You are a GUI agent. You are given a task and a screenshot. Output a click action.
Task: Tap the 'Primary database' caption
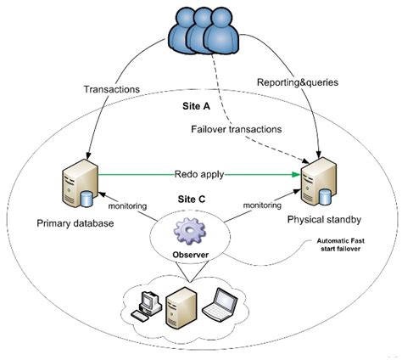click(x=75, y=224)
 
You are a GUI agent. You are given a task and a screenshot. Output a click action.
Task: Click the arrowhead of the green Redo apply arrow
click(x=300, y=176)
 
